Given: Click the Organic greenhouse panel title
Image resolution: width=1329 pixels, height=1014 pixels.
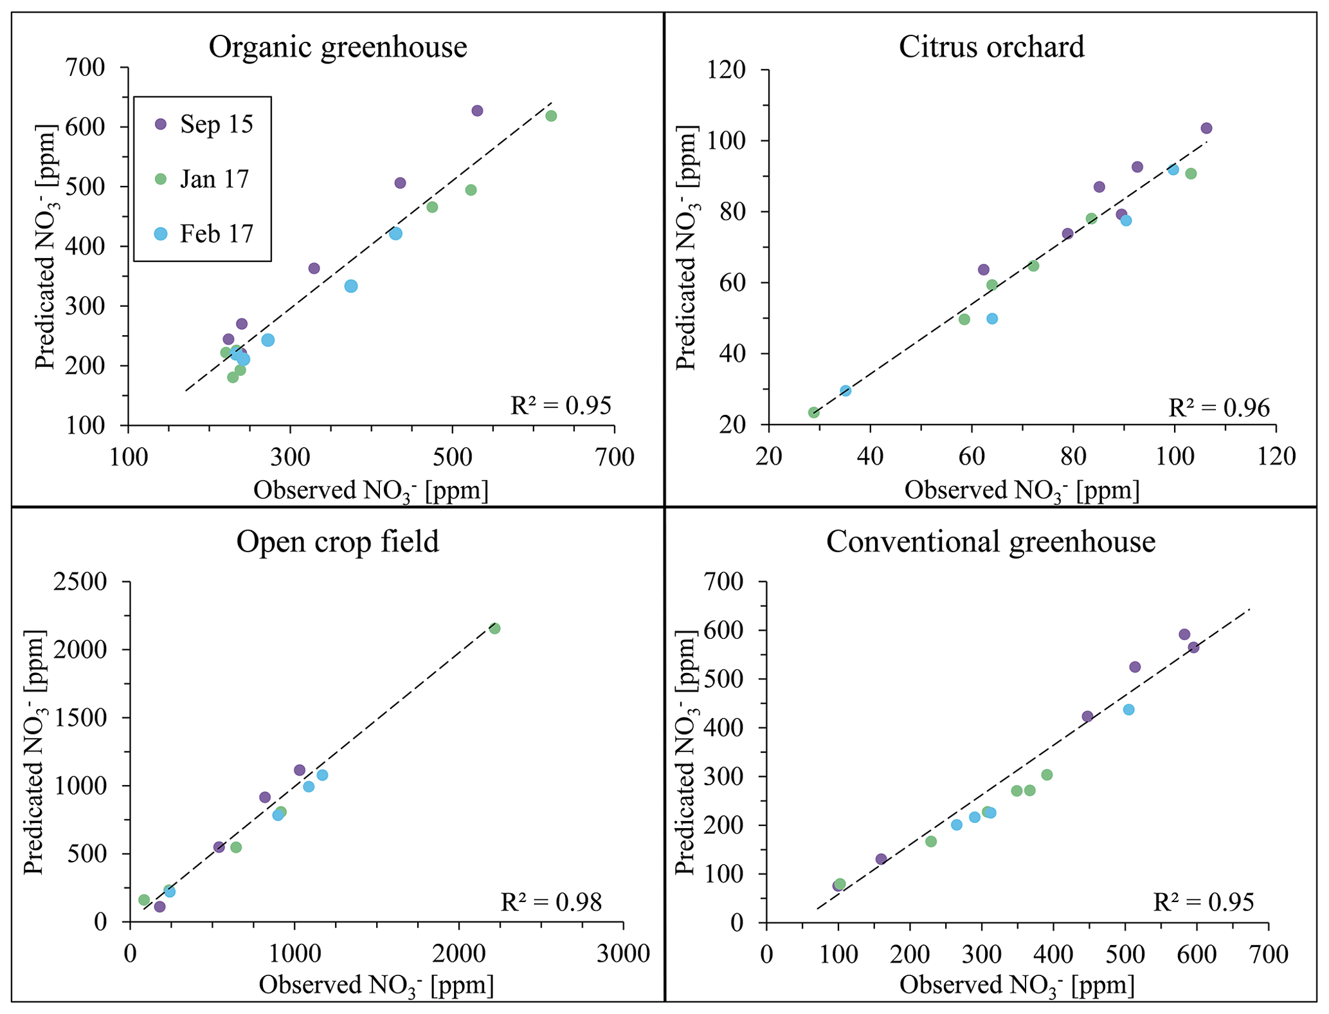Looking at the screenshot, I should (338, 47).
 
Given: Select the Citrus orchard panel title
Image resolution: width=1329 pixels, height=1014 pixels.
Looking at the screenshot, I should (991, 47).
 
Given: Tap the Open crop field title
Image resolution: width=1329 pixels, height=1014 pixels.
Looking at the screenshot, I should (338, 542).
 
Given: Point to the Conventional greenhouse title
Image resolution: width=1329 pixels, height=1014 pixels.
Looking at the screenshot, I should (991, 542).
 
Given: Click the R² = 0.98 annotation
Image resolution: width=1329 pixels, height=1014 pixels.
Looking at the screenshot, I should (551, 902).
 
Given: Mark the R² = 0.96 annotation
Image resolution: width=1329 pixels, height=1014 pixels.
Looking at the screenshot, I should (1218, 408).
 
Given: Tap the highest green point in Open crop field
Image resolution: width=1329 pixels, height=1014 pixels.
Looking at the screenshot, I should (494, 629).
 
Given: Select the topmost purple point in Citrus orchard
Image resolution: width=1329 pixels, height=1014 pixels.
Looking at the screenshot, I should (1206, 128).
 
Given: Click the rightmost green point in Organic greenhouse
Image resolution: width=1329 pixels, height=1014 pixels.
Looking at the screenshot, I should (551, 116).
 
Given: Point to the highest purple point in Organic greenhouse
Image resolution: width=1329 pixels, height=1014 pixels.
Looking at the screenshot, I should (477, 111).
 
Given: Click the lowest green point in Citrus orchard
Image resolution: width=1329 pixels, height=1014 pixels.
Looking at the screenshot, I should (814, 412).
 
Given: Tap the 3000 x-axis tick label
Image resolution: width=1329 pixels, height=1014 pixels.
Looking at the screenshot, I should (623, 953).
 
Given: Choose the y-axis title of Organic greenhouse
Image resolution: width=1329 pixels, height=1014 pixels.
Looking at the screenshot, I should (46, 246).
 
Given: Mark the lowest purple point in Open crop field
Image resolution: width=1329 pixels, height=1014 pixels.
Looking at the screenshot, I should (160, 907).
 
